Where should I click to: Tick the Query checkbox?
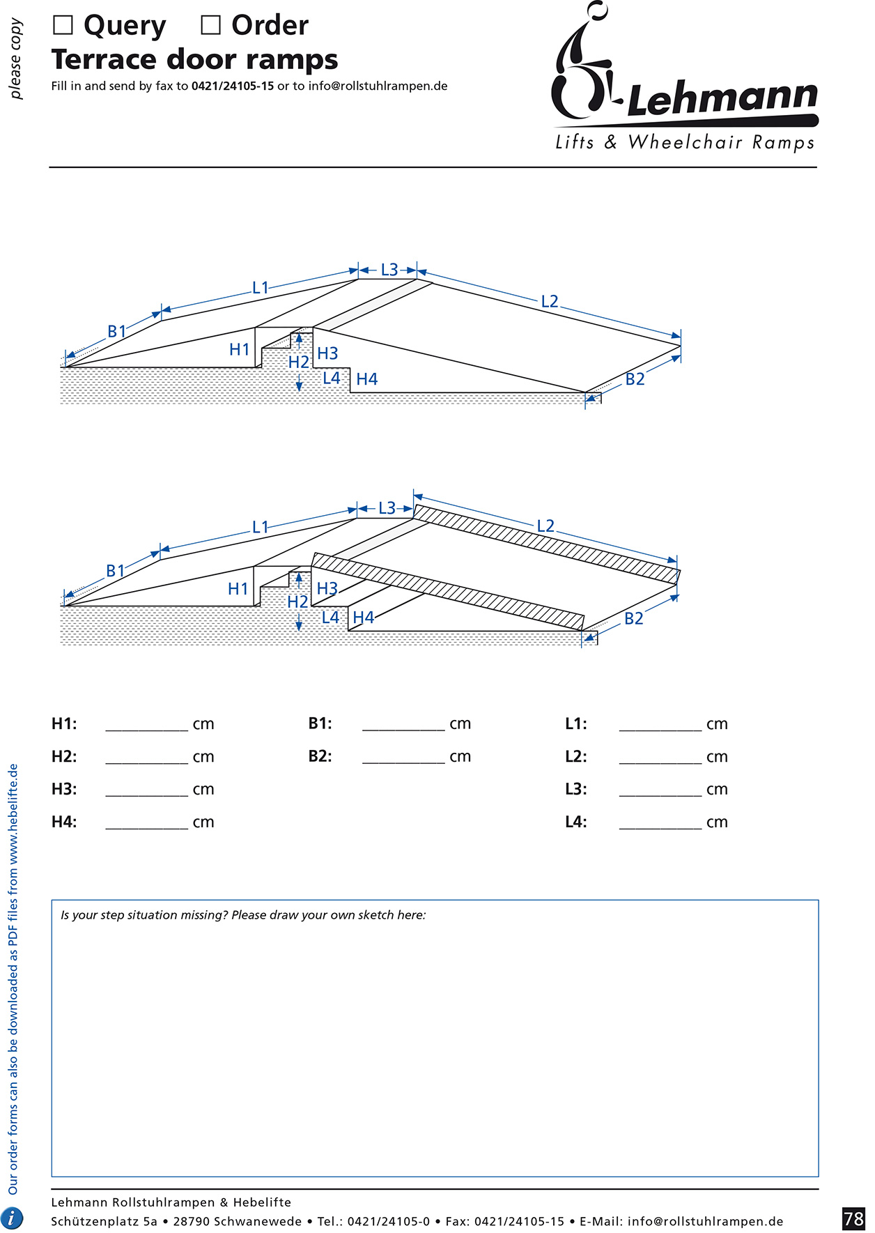(63, 26)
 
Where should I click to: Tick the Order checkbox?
(210, 26)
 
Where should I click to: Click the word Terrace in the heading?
(103, 60)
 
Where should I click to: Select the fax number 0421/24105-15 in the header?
(233, 86)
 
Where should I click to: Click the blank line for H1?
(146, 725)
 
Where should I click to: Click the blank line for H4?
(146, 823)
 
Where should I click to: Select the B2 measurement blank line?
(403, 758)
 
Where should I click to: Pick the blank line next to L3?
(660, 790)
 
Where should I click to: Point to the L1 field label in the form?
(575, 724)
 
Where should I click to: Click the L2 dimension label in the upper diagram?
(550, 302)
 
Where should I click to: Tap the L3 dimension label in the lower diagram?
(387, 508)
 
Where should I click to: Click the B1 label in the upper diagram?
(117, 332)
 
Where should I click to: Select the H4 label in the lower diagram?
(363, 618)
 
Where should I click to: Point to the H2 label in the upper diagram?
(298, 362)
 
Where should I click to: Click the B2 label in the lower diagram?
(634, 619)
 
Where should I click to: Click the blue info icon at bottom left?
(13, 1218)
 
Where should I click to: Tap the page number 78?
(853, 1218)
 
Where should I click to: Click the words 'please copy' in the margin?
(16, 59)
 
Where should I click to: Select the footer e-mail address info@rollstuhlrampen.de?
(705, 1221)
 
